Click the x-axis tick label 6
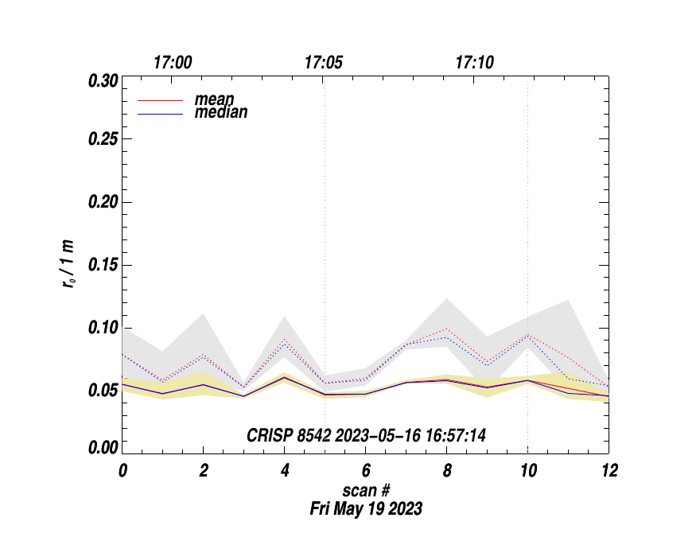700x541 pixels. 365,470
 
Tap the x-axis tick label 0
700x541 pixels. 122,470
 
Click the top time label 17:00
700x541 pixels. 172,63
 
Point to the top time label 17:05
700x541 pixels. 324,63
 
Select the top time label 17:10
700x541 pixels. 475,63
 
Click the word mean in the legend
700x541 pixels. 214,100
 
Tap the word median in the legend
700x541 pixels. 221,112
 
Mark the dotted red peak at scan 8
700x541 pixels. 446,329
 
